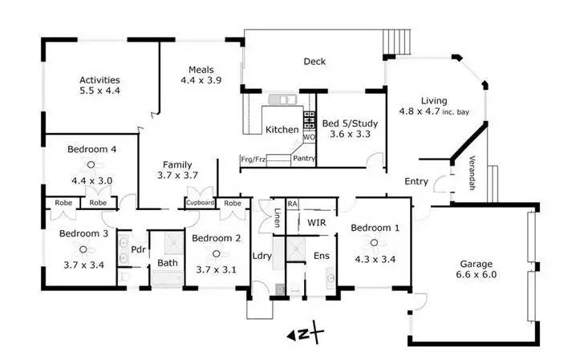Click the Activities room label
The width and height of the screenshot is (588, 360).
pos(99,79)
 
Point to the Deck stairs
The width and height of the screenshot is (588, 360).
pos(396,40)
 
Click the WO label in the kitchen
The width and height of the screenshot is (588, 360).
pos(308,137)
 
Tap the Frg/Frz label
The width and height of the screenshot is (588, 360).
pos(253,160)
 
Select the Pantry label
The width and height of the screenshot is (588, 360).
pos(303,159)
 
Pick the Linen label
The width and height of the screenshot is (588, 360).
pos(277,218)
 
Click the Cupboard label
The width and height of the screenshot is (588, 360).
pos(201,203)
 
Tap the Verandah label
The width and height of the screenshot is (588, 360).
pos(472,170)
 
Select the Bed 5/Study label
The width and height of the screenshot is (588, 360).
pos(351,124)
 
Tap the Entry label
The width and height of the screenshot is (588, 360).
pos(416,181)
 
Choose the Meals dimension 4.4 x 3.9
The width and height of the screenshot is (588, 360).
pos(201,80)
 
